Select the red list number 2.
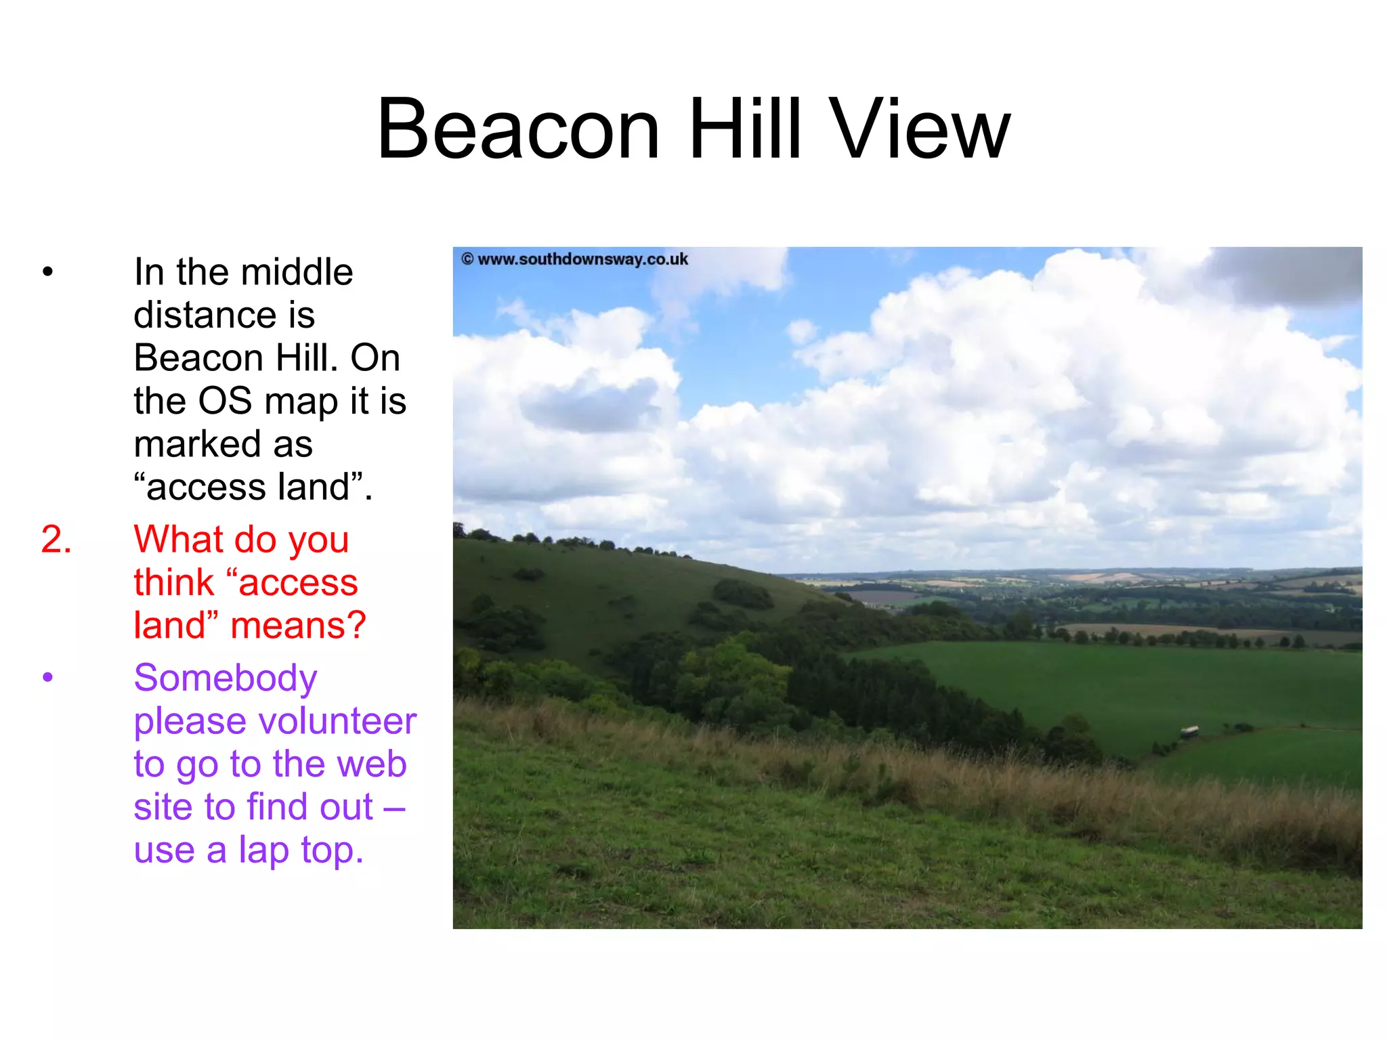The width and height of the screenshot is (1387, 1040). (x=56, y=540)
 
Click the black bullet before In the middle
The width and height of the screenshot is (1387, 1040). (x=47, y=272)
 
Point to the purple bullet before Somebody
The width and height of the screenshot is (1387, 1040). (x=47, y=677)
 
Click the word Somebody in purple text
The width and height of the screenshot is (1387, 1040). (x=226, y=678)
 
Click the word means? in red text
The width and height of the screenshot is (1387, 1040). (x=298, y=626)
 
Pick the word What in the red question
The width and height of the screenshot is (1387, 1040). (x=178, y=540)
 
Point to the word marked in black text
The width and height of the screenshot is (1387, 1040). (x=197, y=445)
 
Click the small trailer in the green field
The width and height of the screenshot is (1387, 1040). (x=1189, y=731)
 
